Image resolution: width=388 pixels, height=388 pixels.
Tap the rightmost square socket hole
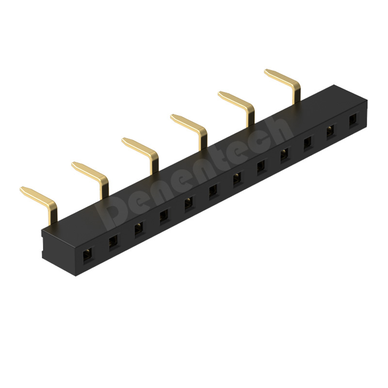[x=354, y=121]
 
